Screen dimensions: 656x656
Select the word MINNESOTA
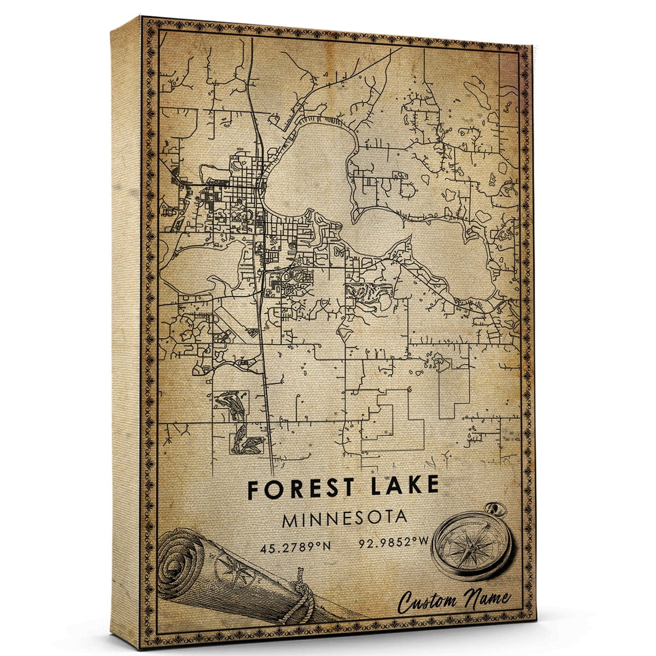tap(344, 518)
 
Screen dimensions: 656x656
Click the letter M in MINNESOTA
tap(289, 519)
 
